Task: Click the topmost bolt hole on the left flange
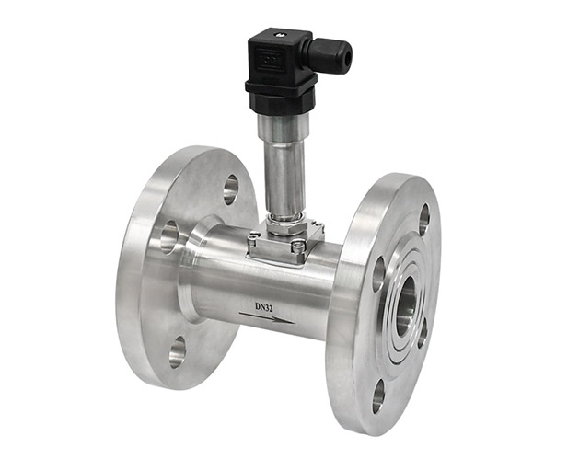point(230,189)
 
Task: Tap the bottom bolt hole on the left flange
point(177,350)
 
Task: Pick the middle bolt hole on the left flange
point(168,235)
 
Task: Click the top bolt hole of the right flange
point(423,219)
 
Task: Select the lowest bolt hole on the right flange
point(378,395)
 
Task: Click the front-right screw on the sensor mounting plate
point(298,246)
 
